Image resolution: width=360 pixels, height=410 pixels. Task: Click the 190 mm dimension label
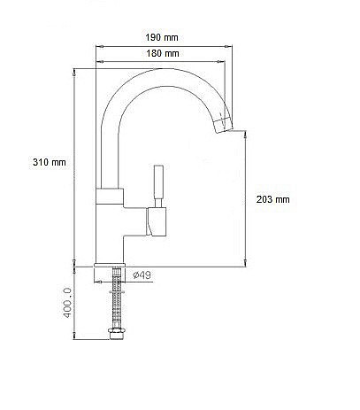162,37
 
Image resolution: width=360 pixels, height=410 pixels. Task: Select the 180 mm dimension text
163,53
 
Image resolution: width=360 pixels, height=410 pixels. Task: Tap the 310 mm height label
50,162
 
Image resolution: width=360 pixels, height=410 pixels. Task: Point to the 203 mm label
272,199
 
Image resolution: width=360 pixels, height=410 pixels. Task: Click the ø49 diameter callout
142,275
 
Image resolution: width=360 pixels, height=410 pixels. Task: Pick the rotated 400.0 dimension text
67,303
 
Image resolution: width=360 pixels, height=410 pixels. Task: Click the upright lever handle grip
158,182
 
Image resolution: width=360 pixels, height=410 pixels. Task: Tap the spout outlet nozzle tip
223,126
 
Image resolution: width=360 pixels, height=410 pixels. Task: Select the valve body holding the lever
157,221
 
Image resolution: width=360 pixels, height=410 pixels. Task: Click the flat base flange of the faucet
110,265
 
